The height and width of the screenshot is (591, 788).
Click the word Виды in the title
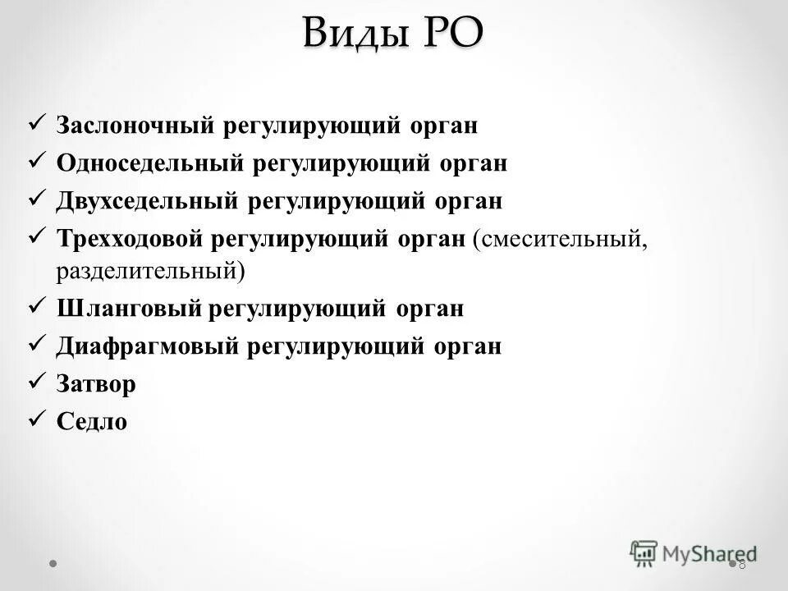pos(355,34)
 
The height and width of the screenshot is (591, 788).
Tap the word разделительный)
pos(150,270)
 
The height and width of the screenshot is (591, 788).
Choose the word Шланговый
pos(129,309)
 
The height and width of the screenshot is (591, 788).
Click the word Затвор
pos(96,384)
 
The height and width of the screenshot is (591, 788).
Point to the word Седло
pos(92,422)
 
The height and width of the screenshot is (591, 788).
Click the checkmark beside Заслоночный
pos(35,124)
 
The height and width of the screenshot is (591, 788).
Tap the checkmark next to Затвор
pos(35,381)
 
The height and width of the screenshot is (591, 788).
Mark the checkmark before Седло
pos(35,419)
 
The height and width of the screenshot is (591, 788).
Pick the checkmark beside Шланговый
pos(35,305)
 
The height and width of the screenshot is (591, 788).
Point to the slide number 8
pos(742,564)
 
